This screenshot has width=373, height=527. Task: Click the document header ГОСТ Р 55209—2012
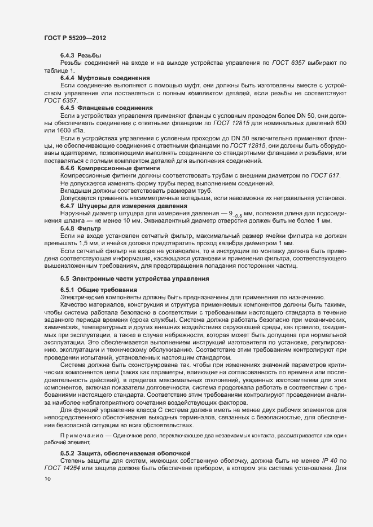coord(75,38)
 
